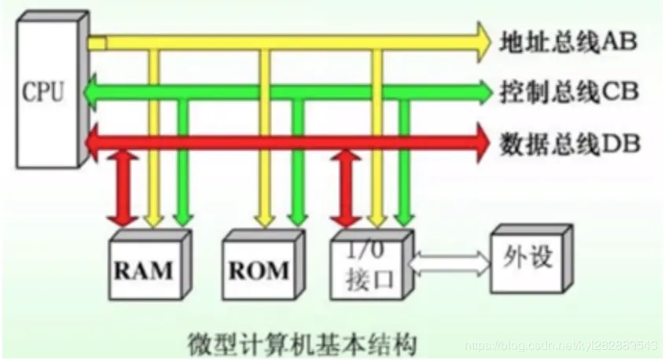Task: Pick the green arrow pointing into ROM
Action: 297,173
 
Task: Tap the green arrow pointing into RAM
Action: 182,173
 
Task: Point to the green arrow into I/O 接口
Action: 405,173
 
